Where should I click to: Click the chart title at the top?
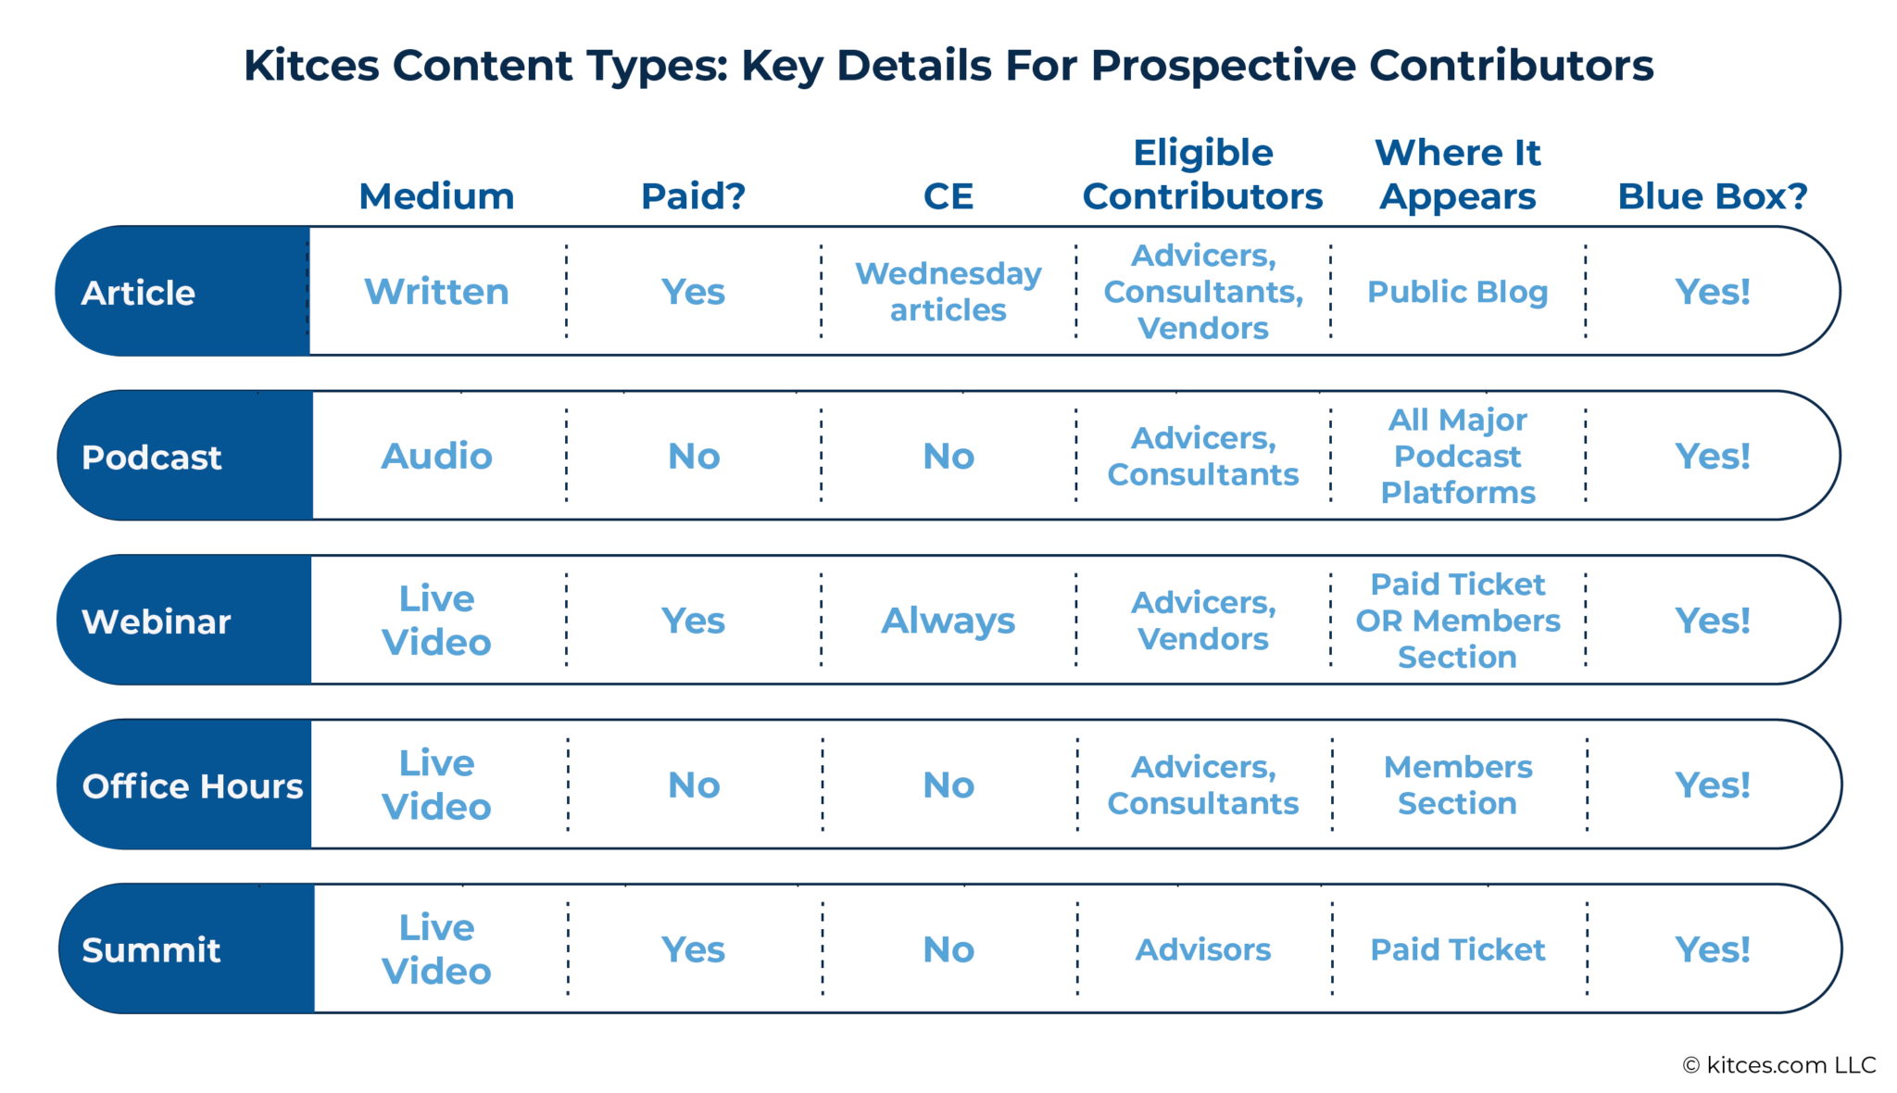click(948, 66)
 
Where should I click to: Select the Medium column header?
click(436, 196)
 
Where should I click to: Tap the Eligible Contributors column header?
click(1202, 175)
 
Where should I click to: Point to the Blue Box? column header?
click(1712, 196)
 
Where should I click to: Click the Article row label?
click(139, 293)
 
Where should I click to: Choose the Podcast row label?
click(152, 458)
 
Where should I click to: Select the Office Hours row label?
click(193, 785)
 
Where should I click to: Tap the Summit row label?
click(151, 949)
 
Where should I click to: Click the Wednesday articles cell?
click(948, 292)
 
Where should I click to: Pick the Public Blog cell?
click(1457, 292)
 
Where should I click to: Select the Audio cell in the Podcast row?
click(436, 456)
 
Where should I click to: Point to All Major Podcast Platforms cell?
click(1457, 456)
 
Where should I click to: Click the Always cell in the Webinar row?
click(948, 621)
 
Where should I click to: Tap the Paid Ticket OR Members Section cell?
click(1457, 621)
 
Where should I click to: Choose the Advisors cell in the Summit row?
click(1202, 949)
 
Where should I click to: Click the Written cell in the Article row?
click(436, 292)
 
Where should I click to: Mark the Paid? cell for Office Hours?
click(694, 785)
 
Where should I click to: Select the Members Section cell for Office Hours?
click(1457, 785)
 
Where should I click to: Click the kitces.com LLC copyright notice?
click(1778, 1065)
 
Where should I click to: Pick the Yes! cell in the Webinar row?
click(1712, 621)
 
